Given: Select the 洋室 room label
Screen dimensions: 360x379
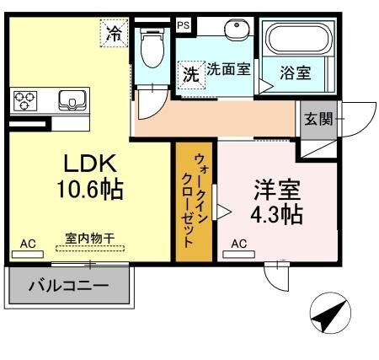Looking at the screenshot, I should click(275, 187).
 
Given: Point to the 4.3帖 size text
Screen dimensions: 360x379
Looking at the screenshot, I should click(275, 214).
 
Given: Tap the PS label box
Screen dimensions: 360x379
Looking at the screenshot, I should click(184, 25).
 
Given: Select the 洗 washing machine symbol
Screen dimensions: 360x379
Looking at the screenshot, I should click(191, 73).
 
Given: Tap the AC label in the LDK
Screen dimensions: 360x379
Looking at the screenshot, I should click(28, 244).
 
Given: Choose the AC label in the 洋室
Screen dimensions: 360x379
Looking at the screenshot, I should click(238, 244).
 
